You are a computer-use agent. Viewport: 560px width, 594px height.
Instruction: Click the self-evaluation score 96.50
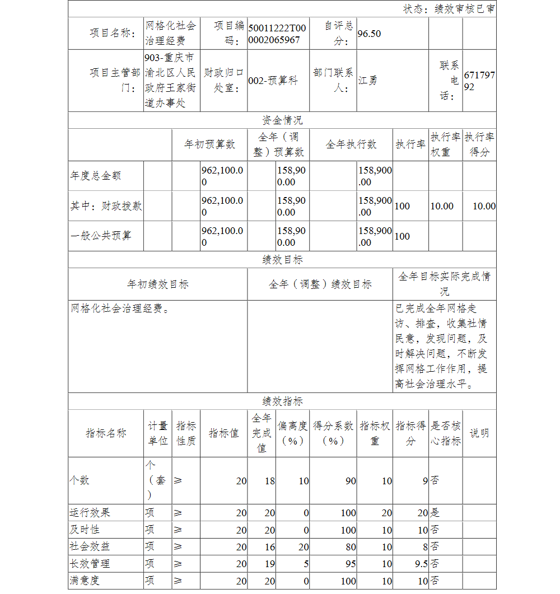coord(369,34)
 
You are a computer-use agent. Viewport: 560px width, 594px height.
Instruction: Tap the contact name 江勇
coord(368,80)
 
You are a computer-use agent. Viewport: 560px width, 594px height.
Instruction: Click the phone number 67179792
coord(479,81)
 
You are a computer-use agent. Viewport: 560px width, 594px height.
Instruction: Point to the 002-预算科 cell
coord(273,81)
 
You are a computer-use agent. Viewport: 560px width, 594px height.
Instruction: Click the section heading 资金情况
coord(282,120)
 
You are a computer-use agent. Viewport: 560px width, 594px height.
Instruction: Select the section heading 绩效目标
coord(282,260)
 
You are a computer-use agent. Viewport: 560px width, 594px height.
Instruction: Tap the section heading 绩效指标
coord(282,401)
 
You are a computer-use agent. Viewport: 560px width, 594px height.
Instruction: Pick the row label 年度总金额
coord(96,176)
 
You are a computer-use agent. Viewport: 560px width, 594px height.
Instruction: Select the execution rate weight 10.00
coord(442,206)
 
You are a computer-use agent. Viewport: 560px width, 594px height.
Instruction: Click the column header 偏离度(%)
coord(292,433)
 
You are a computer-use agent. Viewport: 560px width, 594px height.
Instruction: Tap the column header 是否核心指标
coord(446,433)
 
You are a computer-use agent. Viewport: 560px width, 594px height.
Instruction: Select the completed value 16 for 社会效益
coord(269,547)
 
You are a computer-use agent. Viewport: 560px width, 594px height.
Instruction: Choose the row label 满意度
coord(84,581)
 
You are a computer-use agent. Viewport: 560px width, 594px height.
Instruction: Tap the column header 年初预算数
coord(210,144)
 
